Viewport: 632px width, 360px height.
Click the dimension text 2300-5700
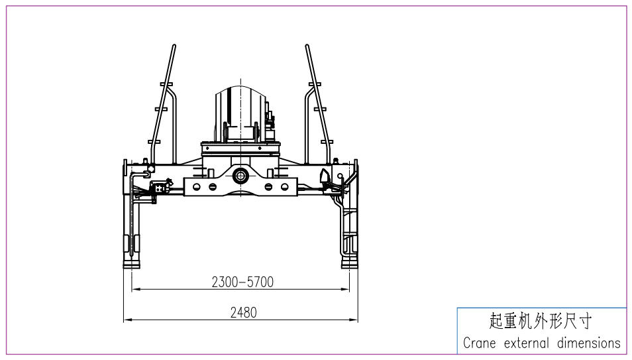pos(242,282)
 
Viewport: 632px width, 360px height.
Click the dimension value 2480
pos(243,312)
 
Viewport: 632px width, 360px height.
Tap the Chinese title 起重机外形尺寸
pos(540,322)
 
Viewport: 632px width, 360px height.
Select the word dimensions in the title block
pos(588,343)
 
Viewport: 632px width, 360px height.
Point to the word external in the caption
pos(527,343)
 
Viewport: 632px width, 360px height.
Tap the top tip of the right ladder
pos(307,46)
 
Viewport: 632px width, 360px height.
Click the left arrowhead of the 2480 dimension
pos(126,320)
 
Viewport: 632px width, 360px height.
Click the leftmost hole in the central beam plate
pos(197,187)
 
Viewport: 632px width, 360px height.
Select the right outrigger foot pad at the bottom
pos(349,265)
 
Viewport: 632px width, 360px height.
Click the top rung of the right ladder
pos(314,84)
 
